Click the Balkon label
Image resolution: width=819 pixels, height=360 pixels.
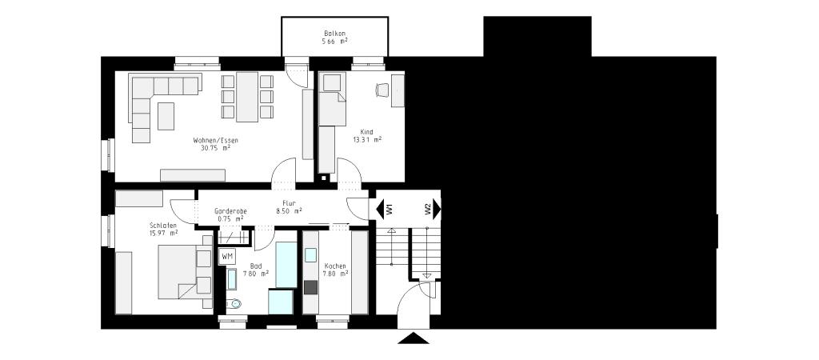point(334,33)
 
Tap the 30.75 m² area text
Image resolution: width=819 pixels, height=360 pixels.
point(215,148)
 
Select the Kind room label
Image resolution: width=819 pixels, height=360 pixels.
point(367,131)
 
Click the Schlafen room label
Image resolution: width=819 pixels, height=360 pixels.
point(162,225)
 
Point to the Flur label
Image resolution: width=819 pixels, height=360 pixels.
point(289,204)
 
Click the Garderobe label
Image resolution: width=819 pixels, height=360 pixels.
point(230,210)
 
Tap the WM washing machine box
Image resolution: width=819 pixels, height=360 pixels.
point(227,256)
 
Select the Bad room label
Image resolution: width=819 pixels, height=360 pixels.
point(256,266)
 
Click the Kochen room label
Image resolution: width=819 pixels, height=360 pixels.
point(335,266)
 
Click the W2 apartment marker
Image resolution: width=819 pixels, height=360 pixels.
point(428,209)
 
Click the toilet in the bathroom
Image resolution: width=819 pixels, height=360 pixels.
point(233,303)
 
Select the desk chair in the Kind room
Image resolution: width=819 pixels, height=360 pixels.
point(382,90)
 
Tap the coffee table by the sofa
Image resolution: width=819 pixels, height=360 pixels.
point(166,116)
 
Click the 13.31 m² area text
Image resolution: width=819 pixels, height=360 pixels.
point(367,139)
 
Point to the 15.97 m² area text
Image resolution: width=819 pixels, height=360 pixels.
point(162,233)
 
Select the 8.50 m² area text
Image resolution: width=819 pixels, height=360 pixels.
point(289,211)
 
